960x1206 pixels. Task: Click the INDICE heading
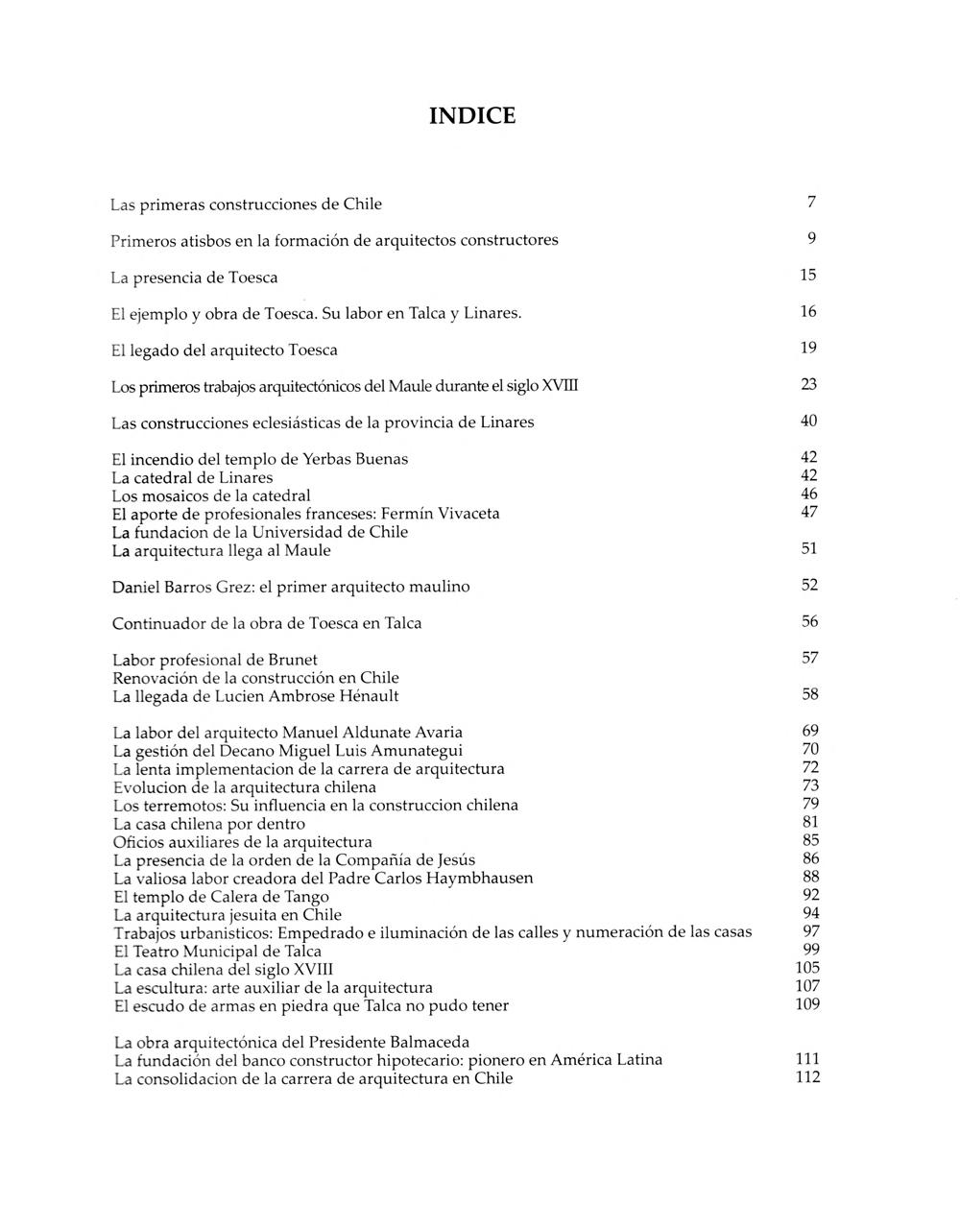471,116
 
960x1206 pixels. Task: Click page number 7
811,203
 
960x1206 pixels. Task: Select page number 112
807,1077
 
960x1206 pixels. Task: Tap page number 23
808,385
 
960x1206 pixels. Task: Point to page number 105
807,968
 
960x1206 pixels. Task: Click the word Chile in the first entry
362,205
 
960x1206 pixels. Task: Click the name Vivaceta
468,514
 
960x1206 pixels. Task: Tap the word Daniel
137,587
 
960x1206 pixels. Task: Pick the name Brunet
293,660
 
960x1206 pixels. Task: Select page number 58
810,694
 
